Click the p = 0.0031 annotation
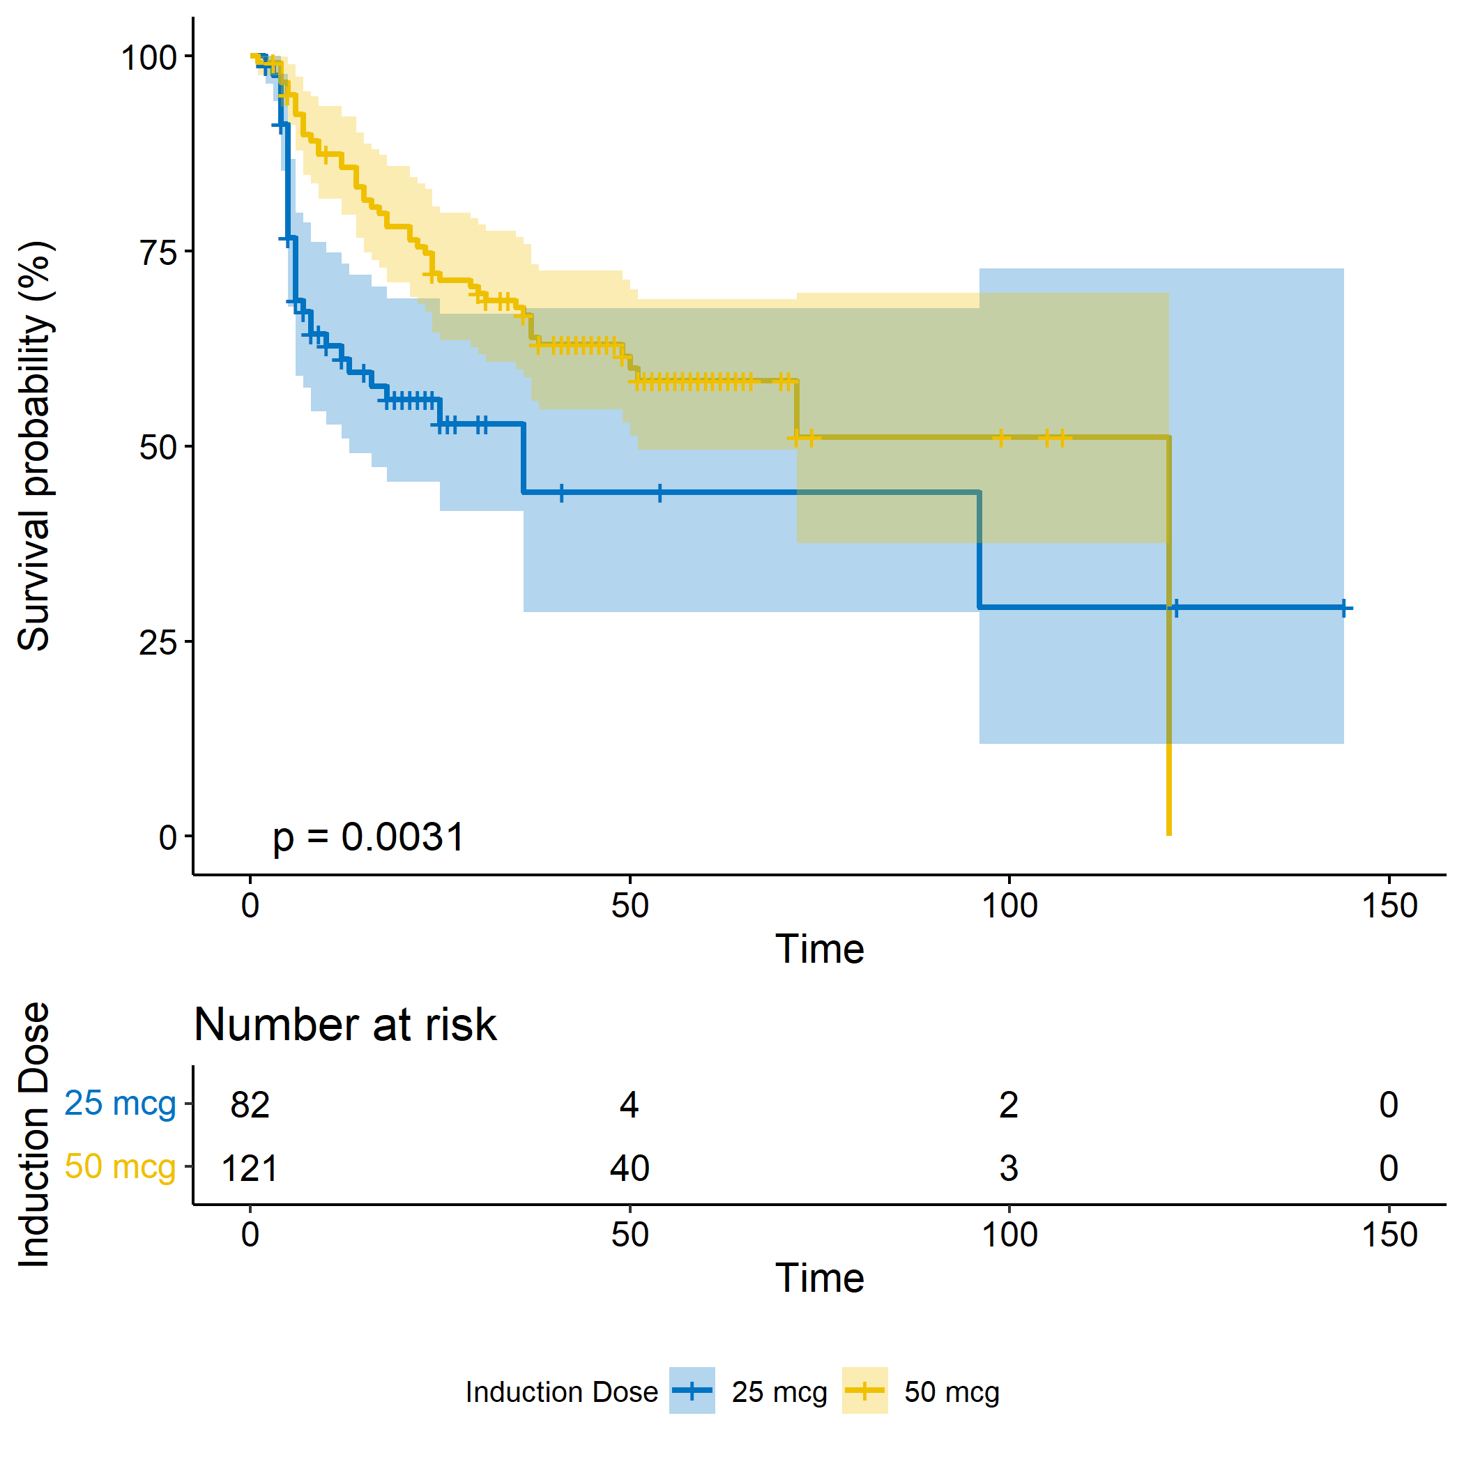tap(368, 837)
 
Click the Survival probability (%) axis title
tap(34, 446)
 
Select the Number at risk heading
tap(346, 1025)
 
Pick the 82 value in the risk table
tap(250, 1105)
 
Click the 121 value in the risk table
tap(250, 1168)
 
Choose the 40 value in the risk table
tap(630, 1168)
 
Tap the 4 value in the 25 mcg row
tap(630, 1105)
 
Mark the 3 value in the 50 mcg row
tap(1009, 1168)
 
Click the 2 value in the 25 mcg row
tap(1009, 1105)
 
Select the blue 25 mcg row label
tap(120, 1104)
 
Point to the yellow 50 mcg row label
tap(120, 1166)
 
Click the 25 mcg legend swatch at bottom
tap(692, 1391)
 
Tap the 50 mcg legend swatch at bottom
tap(864, 1391)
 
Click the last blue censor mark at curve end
tap(1343, 608)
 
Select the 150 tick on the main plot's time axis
tap(1389, 906)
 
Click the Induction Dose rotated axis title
tap(34, 1134)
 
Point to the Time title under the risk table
tap(819, 1279)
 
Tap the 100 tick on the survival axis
tap(149, 58)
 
